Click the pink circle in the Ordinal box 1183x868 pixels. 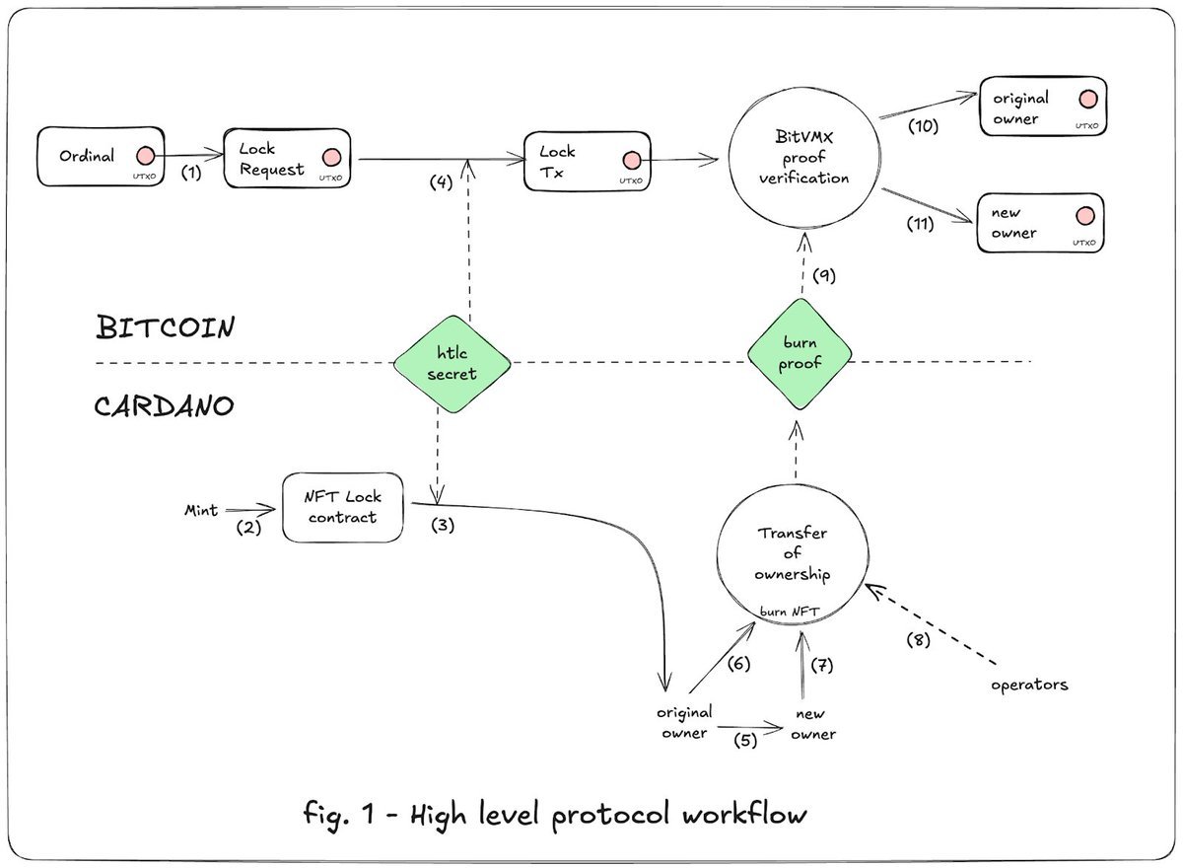pyautogui.click(x=145, y=156)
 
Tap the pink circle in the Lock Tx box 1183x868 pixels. pyautogui.click(x=632, y=160)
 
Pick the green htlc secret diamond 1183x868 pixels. pyautogui.click(x=452, y=364)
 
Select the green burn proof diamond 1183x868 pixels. pyautogui.click(x=800, y=353)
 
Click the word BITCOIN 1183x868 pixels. pyautogui.click(x=166, y=327)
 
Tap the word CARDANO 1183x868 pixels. pyautogui.click(x=165, y=405)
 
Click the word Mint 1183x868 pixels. pyautogui.click(x=201, y=510)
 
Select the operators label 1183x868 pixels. pyautogui.click(x=1029, y=686)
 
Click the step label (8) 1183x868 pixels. pyautogui.click(x=919, y=640)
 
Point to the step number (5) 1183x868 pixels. pyautogui.click(x=745, y=740)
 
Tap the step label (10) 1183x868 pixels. pyautogui.click(x=923, y=125)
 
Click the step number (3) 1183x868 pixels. pyautogui.click(x=443, y=525)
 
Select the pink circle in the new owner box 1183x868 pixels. pyautogui.click(x=1085, y=216)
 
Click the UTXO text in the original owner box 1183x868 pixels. pyautogui.click(x=1086, y=125)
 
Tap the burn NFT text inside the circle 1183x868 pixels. pyautogui.click(x=790, y=612)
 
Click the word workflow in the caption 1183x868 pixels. pyautogui.click(x=744, y=814)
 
